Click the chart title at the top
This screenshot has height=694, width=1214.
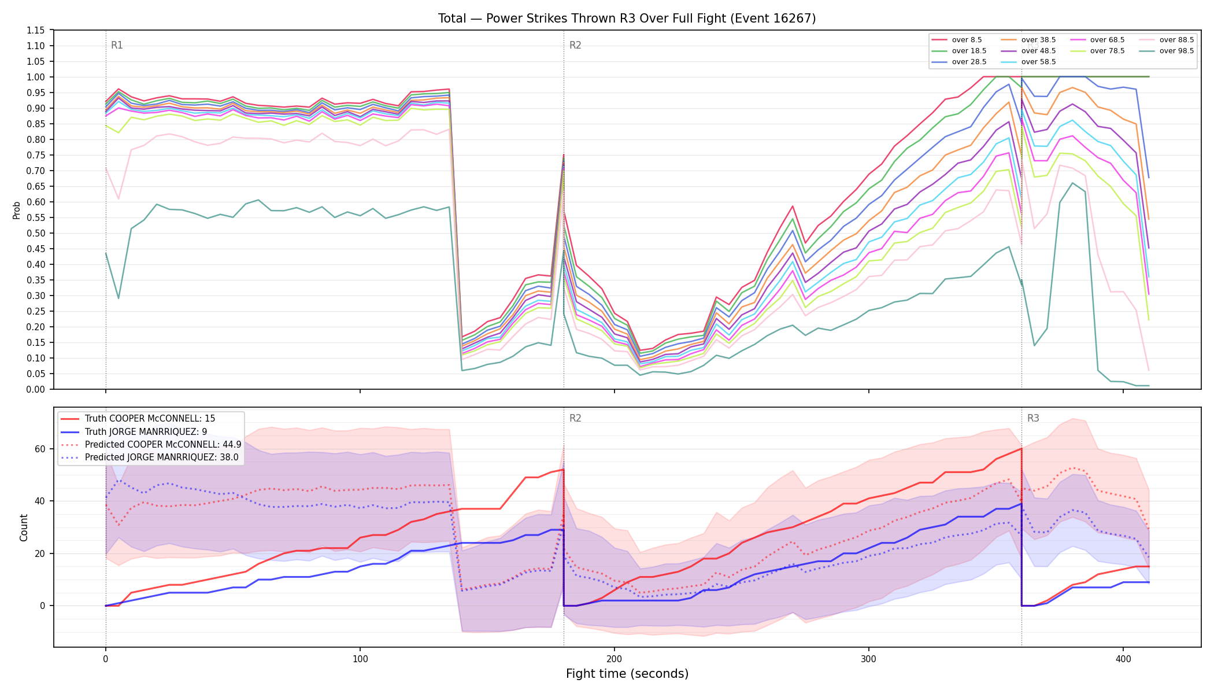click(627, 19)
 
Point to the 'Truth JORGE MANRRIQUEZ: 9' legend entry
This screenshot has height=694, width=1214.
click(134, 431)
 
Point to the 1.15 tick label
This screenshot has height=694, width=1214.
click(36, 30)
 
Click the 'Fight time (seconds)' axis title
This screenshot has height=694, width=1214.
click(627, 674)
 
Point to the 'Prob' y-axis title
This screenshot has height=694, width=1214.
click(17, 211)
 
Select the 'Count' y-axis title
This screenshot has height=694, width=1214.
click(24, 527)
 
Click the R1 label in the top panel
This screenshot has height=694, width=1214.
click(117, 45)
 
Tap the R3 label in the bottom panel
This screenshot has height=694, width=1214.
click(1033, 418)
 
